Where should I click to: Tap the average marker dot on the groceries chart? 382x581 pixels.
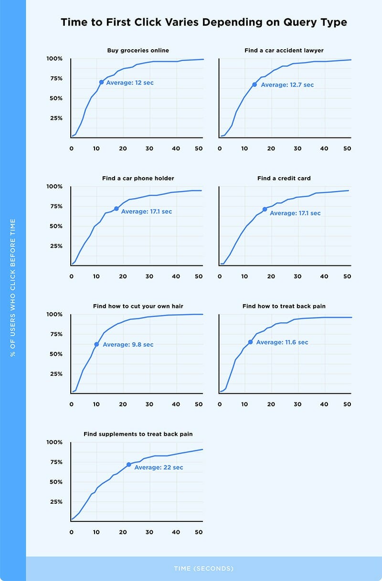(101, 82)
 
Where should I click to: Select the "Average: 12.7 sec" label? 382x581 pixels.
(287, 85)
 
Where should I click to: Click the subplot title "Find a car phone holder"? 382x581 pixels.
(138, 178)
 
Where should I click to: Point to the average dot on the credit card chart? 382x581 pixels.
(265, 209)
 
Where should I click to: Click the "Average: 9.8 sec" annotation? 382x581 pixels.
(128, 345)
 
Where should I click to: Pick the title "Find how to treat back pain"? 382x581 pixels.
(284, 306)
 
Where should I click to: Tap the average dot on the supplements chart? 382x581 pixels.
(129, 465)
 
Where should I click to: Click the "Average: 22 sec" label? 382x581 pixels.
(159, 467)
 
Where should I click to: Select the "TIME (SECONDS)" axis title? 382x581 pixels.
(204, 569)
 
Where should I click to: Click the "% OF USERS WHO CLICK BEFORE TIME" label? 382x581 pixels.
(13, 288)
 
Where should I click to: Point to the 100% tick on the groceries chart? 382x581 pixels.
(54, 59)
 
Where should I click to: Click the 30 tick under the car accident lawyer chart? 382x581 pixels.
(297, 148)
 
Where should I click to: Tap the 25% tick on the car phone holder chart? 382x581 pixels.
(56, 246)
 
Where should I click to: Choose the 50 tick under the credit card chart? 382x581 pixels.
(347, 276)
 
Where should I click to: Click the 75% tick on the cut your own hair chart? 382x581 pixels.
(56, 334)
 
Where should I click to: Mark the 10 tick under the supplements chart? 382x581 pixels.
(96, 532)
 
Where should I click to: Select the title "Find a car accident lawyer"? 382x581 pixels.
(284, 50)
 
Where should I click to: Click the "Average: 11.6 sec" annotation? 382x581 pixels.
(282, 342)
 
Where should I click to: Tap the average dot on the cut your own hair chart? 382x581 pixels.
(96, 344)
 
